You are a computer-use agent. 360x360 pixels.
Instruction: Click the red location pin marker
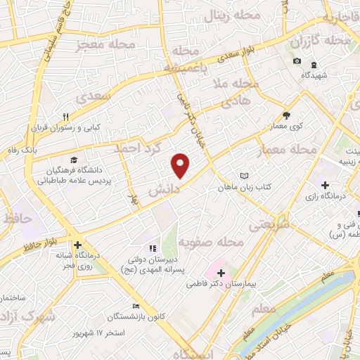[181, 165]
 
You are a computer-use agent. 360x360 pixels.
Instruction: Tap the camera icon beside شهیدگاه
[297, 61]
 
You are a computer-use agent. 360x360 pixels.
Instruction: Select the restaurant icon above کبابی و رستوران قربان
[66, 117]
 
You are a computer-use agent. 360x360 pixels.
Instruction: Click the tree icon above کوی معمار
[286, 115]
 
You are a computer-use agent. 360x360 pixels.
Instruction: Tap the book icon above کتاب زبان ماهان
[244, 175]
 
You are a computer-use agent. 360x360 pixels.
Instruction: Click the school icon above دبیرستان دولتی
[151, 247]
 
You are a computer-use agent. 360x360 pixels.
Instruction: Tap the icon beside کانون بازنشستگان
[136, 306]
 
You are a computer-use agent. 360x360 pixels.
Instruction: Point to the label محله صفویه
[210, 243]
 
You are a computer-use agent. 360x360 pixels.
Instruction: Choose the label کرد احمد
[138, 149]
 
